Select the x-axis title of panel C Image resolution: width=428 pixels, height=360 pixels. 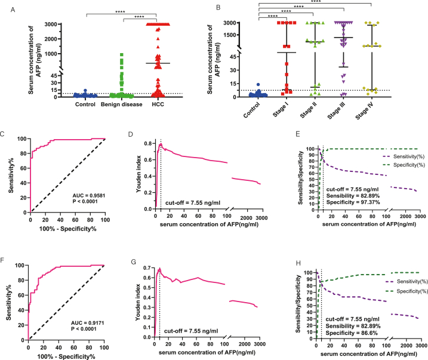67,238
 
